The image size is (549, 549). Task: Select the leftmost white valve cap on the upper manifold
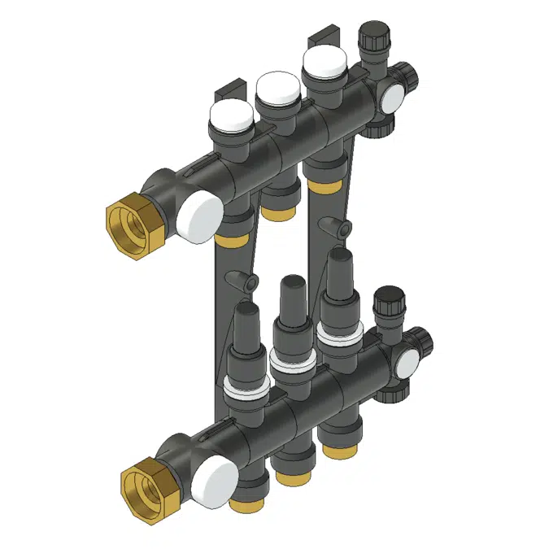231,117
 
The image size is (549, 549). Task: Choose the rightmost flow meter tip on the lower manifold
340,264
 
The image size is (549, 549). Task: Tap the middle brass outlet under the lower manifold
288,477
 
